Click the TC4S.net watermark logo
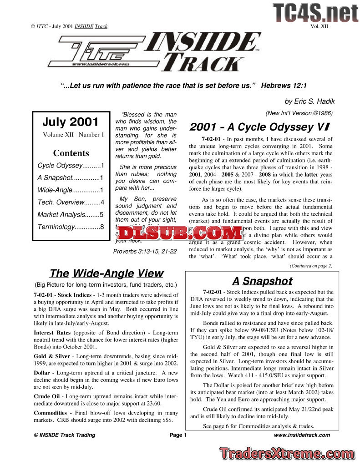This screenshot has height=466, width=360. (x=315, y=12)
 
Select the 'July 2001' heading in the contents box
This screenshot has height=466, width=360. (x=71, y=122)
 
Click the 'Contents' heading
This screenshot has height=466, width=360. (x=71, y=153)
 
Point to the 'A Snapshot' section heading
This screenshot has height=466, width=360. (x=262, y=281)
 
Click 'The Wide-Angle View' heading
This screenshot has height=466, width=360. (x=106, y=273)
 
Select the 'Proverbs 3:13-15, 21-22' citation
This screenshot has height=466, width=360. (x=145, y=251)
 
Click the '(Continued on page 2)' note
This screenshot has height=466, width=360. (x=311, y=265)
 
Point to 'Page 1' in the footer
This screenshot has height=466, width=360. (x=178, y=435)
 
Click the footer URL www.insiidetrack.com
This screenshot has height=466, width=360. (x=302, y=435)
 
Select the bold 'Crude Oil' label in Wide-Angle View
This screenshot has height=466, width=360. (x=48, y=396)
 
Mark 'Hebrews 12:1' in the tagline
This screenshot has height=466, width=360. (x=284, y=86)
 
